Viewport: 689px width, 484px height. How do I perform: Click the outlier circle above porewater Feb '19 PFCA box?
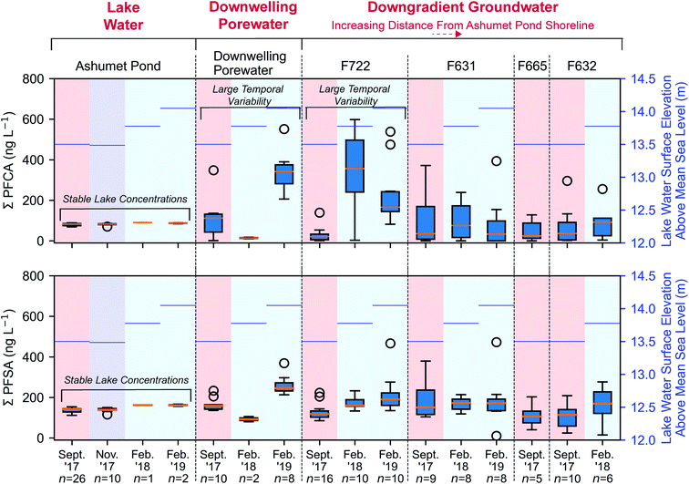pyautogui.click(x=283, y=129)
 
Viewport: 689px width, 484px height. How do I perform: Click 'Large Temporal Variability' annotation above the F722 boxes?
pyautogui.click(x=355, y=95)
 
